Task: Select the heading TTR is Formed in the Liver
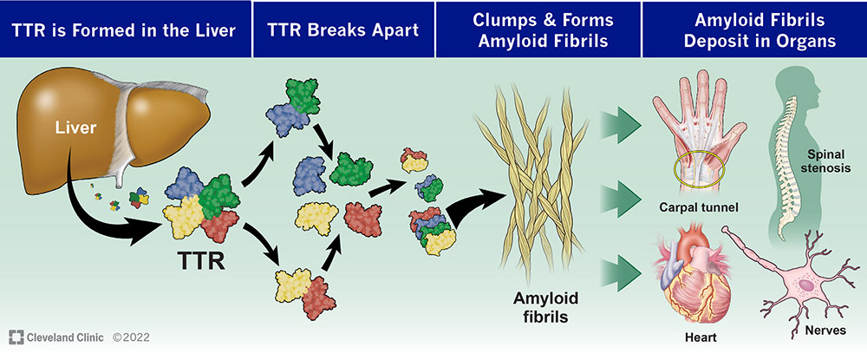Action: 124,29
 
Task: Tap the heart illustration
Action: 694,278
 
